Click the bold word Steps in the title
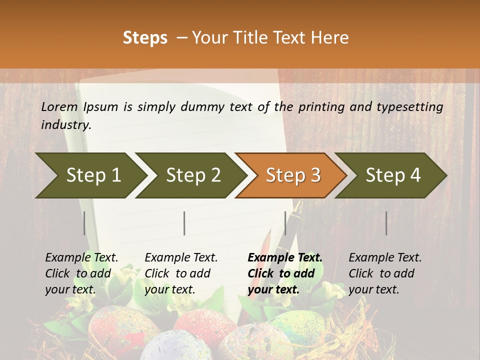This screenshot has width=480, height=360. pyautogui.click(x=145, y=38)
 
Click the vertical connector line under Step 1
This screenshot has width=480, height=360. pyautogui.click(x=84, y=223)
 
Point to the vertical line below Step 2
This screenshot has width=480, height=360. pyautogui.click(x=184, y=223)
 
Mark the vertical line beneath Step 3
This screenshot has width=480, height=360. pyautogui.click(x=285, y=223)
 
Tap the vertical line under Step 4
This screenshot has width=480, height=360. pyautogui.click(x=386, y=223)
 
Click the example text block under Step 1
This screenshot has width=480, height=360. pyautogui.click(x=81, y=273)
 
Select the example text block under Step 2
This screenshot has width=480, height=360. pyautogui.click(x=181, y=273)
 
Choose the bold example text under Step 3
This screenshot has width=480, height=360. pyautogui.click(x=285, y=273)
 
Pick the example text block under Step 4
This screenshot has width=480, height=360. pyautogui.click(x=385, y=273)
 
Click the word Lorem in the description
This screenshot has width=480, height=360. pyautogui.click(x=59, y=106)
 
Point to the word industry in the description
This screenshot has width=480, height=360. pyautogui.click(x=66, y=124)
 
